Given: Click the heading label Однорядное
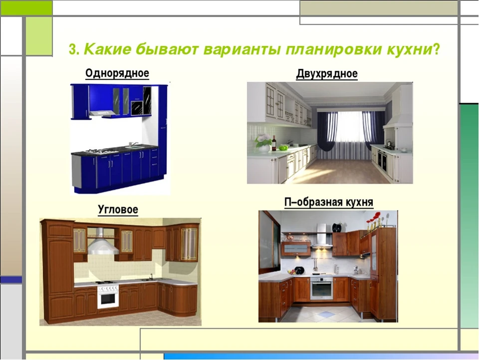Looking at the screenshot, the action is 117,74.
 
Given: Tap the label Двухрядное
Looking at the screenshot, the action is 327,74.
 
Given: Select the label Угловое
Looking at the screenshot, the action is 118,210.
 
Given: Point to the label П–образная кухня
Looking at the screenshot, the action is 329,202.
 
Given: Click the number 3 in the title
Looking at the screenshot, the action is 72,50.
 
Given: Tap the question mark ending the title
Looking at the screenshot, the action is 436,49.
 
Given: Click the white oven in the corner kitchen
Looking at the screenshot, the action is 108,297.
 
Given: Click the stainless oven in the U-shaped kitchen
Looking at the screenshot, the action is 321,289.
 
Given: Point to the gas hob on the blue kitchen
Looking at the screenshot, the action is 101,151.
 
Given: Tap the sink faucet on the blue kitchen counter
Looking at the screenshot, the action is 133,144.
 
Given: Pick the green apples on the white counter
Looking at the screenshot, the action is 283,148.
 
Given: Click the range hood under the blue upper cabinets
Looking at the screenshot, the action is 102,113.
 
